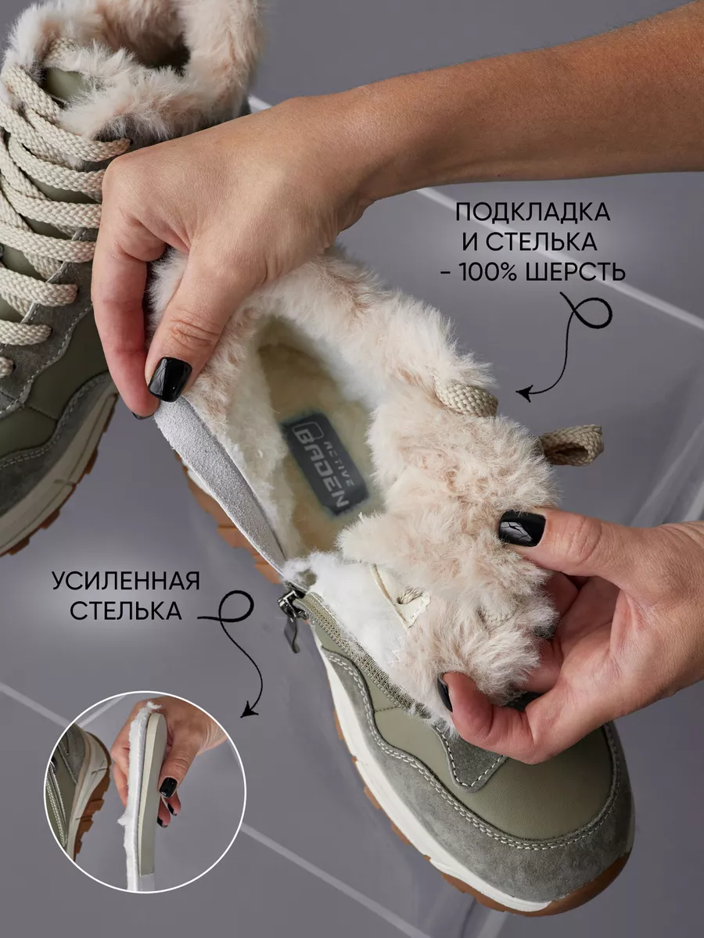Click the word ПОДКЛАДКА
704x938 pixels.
click(533, 213)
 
